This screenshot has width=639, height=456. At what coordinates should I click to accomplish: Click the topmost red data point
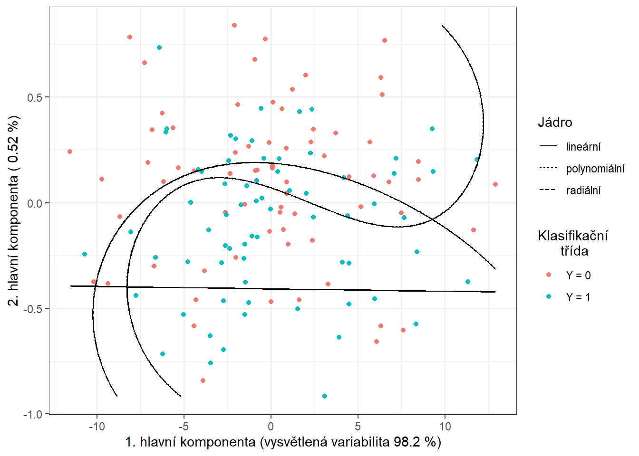coord(234,25)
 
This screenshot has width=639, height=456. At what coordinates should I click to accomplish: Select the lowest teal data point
coord(324,396)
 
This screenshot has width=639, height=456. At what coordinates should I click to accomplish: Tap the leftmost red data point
coord(70,152)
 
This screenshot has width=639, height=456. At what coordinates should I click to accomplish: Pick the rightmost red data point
coord(495,184)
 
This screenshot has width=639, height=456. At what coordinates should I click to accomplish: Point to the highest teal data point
coord(159,47)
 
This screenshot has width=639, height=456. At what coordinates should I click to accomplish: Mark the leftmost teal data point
coord(85,254)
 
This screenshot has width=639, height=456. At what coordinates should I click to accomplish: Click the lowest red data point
coord(203,380)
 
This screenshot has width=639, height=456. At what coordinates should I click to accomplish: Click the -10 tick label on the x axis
coord(97,427)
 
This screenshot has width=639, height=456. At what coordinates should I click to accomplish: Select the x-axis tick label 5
coord(358,427)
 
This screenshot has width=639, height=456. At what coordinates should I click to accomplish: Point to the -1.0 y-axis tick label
coord(32,414)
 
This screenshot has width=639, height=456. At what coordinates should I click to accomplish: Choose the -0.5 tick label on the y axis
coord(32,309)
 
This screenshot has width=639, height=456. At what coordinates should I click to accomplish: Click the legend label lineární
coord(583,147)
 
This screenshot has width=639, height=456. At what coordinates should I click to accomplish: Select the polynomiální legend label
coord(595,169)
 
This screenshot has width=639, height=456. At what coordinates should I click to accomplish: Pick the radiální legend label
coord(583,190)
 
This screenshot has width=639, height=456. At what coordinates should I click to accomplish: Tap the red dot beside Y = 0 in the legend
coord(549,275)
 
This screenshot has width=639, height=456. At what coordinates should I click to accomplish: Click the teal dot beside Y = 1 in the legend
coord(549,297)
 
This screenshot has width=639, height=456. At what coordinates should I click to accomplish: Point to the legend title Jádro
coord(554,122)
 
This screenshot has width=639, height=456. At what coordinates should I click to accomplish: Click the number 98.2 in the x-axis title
coord(407,442)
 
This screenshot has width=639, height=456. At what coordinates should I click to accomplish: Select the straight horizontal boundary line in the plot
coord(285,289)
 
